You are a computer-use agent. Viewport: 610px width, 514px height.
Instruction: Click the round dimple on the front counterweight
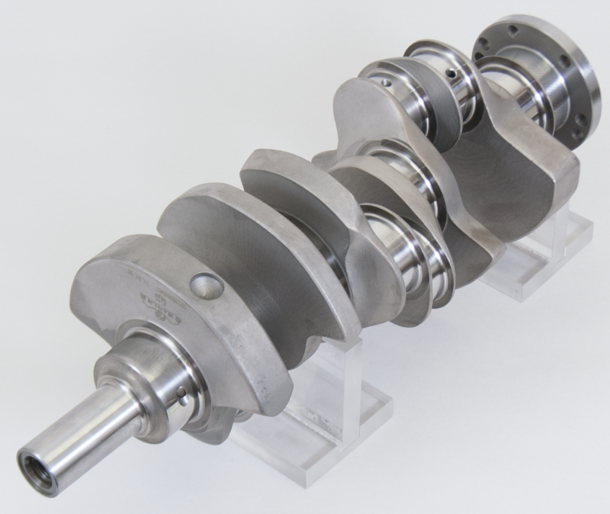tap(207, 286)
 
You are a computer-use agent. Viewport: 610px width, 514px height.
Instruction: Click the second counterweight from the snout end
tap(229, 252)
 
